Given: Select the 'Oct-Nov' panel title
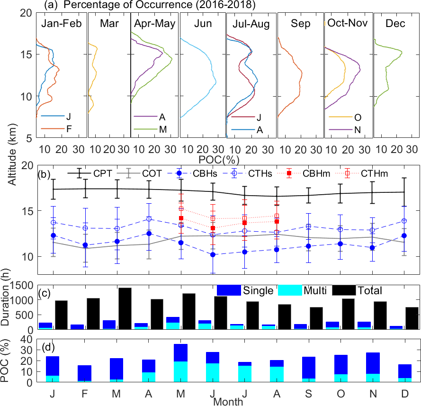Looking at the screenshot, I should [x=347, y=23].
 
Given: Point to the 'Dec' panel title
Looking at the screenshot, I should [x=395, y=23].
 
